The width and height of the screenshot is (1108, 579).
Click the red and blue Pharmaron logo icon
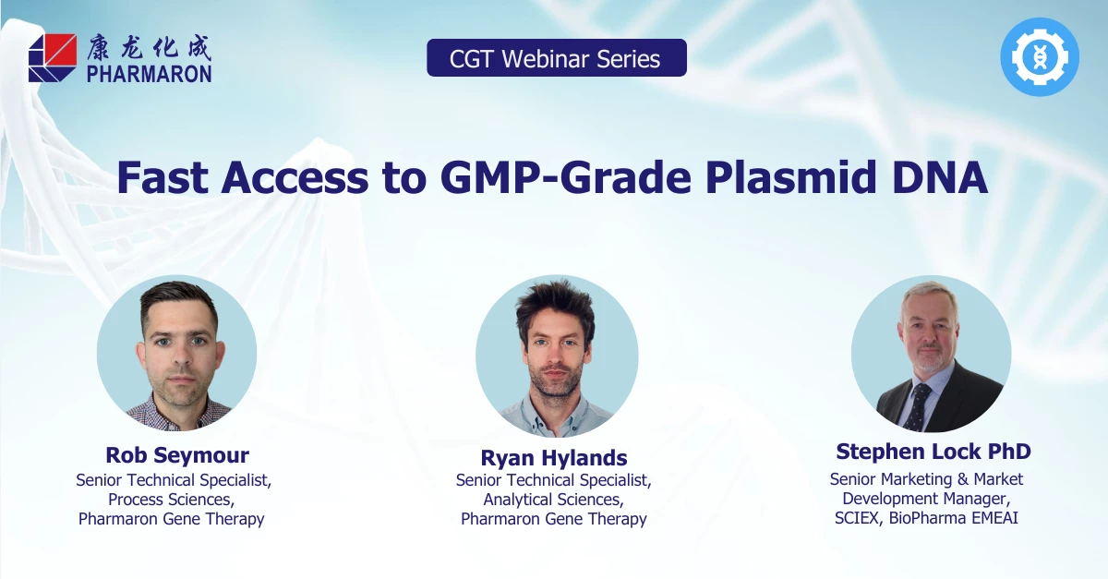(x=53, y=57)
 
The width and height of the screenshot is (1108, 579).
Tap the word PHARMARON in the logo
(x=150, y=74)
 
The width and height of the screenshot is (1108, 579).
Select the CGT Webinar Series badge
(x=556, y=58)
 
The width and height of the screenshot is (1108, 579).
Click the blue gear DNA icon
(x=1039, y=57)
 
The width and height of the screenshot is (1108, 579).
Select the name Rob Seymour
(x=177, y=455)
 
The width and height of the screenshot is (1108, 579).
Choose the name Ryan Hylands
(x=554, y=458)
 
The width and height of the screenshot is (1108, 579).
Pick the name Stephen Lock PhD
(x=933, y=452)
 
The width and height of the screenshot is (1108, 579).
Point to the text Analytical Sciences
(x=553, y=500)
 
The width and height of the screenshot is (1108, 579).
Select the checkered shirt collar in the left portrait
(x=176, y=410)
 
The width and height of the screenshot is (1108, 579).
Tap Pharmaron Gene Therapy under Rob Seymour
(x=172, y=519)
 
